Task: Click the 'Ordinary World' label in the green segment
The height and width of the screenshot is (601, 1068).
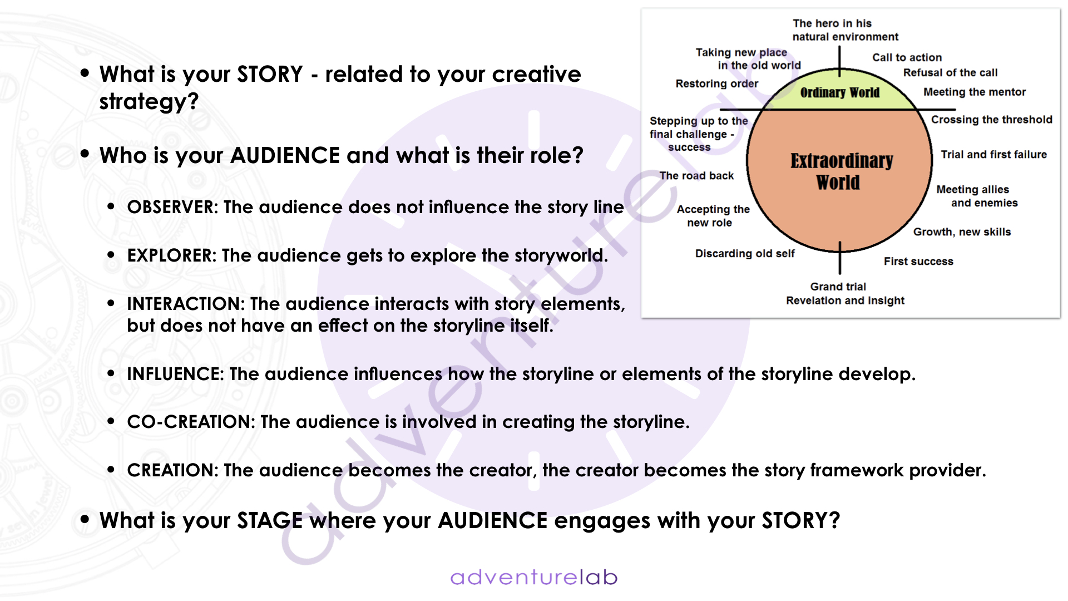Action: (840, 92)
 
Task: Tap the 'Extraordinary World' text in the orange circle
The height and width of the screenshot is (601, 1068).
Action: (841, 171)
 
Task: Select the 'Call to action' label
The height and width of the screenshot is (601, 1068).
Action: (907, 57)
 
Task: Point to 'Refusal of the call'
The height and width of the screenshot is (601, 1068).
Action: (950, 72)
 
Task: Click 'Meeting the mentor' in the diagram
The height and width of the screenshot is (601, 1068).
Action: (975, 92)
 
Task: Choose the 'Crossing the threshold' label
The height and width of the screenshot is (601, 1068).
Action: (992, 120)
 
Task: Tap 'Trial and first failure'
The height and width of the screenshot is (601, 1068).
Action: (993, 155)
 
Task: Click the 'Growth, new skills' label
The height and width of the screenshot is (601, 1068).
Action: (962, 232)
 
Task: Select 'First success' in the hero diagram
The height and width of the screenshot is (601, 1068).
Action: (918, 262)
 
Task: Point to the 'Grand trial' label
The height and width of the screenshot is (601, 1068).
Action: (838, 287)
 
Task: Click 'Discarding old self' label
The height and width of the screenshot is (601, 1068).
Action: (745, 254)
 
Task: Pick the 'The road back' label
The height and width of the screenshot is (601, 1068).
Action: (696, 176)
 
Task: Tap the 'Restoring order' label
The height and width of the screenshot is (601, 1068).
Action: (716, 83)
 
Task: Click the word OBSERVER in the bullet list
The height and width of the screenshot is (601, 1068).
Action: (172, 207)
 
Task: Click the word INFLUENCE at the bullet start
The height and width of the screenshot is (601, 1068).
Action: (174, 374)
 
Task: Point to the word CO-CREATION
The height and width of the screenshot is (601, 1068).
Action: (190, 422)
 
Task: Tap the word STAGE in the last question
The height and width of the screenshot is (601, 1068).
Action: (270, 521)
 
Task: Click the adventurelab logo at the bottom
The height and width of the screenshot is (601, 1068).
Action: (534, 577)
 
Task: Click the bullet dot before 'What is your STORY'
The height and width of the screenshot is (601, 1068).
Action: (85, 73)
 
